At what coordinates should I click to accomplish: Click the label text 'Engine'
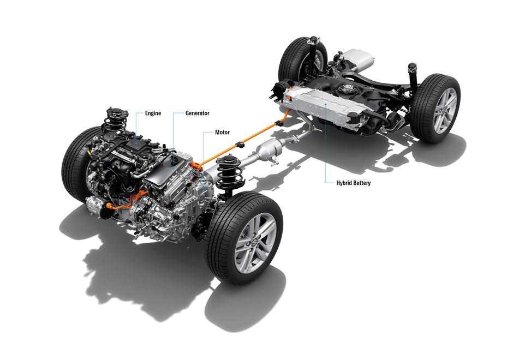pos(153,113)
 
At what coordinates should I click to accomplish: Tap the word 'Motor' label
pos(222,132)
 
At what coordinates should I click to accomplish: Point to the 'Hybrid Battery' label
pos(353,183)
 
